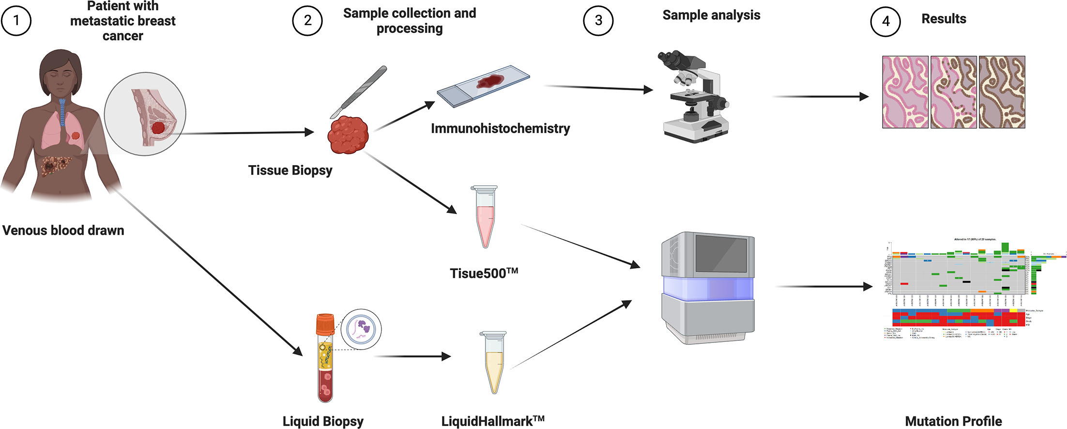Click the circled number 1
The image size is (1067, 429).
[16, 20]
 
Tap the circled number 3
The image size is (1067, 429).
[598, 20]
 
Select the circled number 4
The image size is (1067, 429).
[885, 21]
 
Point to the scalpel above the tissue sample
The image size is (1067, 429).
[359, 92]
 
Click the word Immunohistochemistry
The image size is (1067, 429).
[500, 128]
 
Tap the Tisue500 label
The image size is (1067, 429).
[484, 273]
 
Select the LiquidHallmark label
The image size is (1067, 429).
[493, 421]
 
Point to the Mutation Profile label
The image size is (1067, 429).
[953, 421]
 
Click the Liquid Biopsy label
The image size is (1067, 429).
[323, 421]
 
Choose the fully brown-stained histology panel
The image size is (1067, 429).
[1002, 92]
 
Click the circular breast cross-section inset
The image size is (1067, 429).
[145, 114]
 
